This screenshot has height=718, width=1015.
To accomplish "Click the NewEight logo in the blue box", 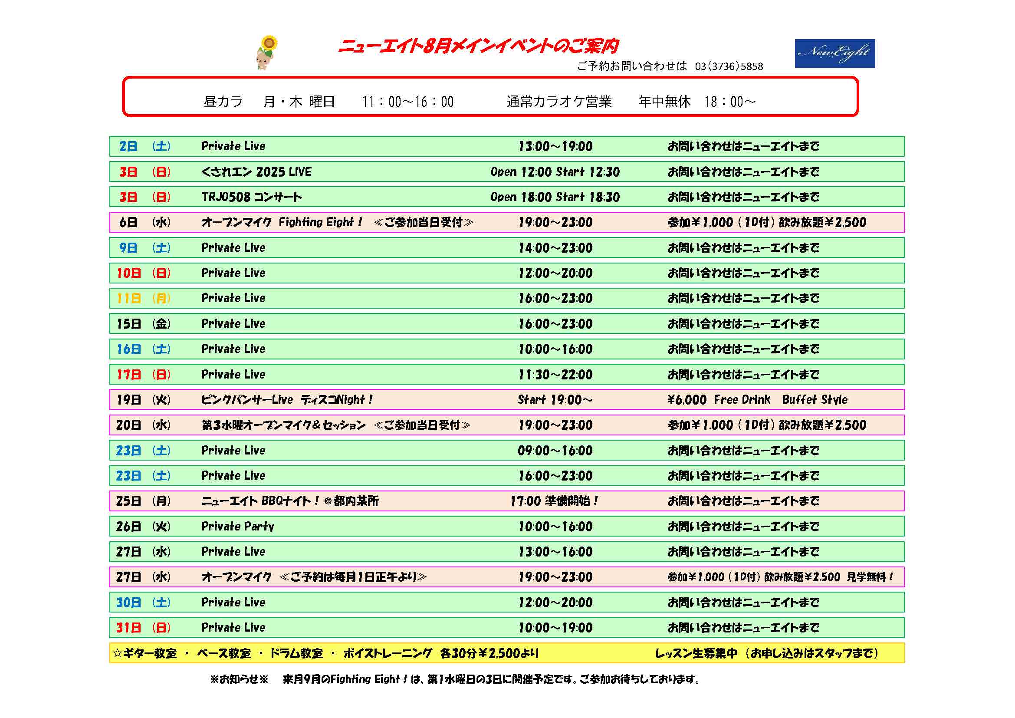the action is (834, 53).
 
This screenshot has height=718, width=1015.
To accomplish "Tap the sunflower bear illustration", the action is (266, 53).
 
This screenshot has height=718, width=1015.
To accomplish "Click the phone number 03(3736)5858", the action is (729, 66).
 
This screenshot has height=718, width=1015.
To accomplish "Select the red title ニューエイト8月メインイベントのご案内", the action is (478, 46).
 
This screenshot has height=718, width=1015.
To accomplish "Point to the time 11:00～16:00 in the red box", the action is (407, 102).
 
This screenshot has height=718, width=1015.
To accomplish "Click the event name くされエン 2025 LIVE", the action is (256, 171).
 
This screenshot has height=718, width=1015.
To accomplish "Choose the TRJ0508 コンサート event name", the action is (252, 197).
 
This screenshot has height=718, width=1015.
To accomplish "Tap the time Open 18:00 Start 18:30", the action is (555, 197).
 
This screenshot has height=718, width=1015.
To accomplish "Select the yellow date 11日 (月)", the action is (143, 298).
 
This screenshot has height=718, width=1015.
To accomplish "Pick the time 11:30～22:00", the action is (555, 375).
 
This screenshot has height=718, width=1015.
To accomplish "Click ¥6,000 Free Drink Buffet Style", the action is (757, 400).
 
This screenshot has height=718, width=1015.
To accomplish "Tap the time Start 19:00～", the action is (555, 400).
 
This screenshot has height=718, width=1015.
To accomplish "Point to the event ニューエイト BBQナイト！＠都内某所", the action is (290, 501).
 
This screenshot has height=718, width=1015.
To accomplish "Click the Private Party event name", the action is (238, 526).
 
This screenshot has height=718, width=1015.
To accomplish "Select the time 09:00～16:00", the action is (555, 451).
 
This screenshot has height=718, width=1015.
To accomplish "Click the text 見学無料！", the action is (870, 577).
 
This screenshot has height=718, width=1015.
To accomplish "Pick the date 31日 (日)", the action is (143, 627).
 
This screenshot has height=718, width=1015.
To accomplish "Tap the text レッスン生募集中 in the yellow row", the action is (696, 653).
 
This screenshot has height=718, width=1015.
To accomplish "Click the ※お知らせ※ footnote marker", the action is (239, 679).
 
